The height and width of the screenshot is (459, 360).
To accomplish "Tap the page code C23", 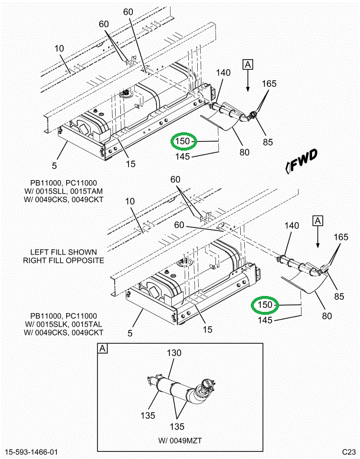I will [349, 452].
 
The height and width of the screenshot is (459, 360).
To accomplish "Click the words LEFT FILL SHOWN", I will [63, 250].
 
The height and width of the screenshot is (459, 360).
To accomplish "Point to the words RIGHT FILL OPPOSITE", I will [64, 260].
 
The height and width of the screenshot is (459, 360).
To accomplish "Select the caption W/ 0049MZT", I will [178, 440].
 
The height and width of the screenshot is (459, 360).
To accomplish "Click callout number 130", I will [174, 353].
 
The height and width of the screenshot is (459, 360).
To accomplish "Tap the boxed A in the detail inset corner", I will [103, 349].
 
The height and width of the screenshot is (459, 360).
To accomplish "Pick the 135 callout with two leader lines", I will [175, 426].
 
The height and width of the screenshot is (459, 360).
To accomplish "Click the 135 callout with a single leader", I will [148, 415].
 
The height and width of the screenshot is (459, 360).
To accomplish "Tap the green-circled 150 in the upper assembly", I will [183, 142].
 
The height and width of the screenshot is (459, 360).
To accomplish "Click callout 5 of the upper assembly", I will [54, 166].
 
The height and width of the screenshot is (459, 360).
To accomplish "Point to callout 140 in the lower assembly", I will [293, 226].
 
